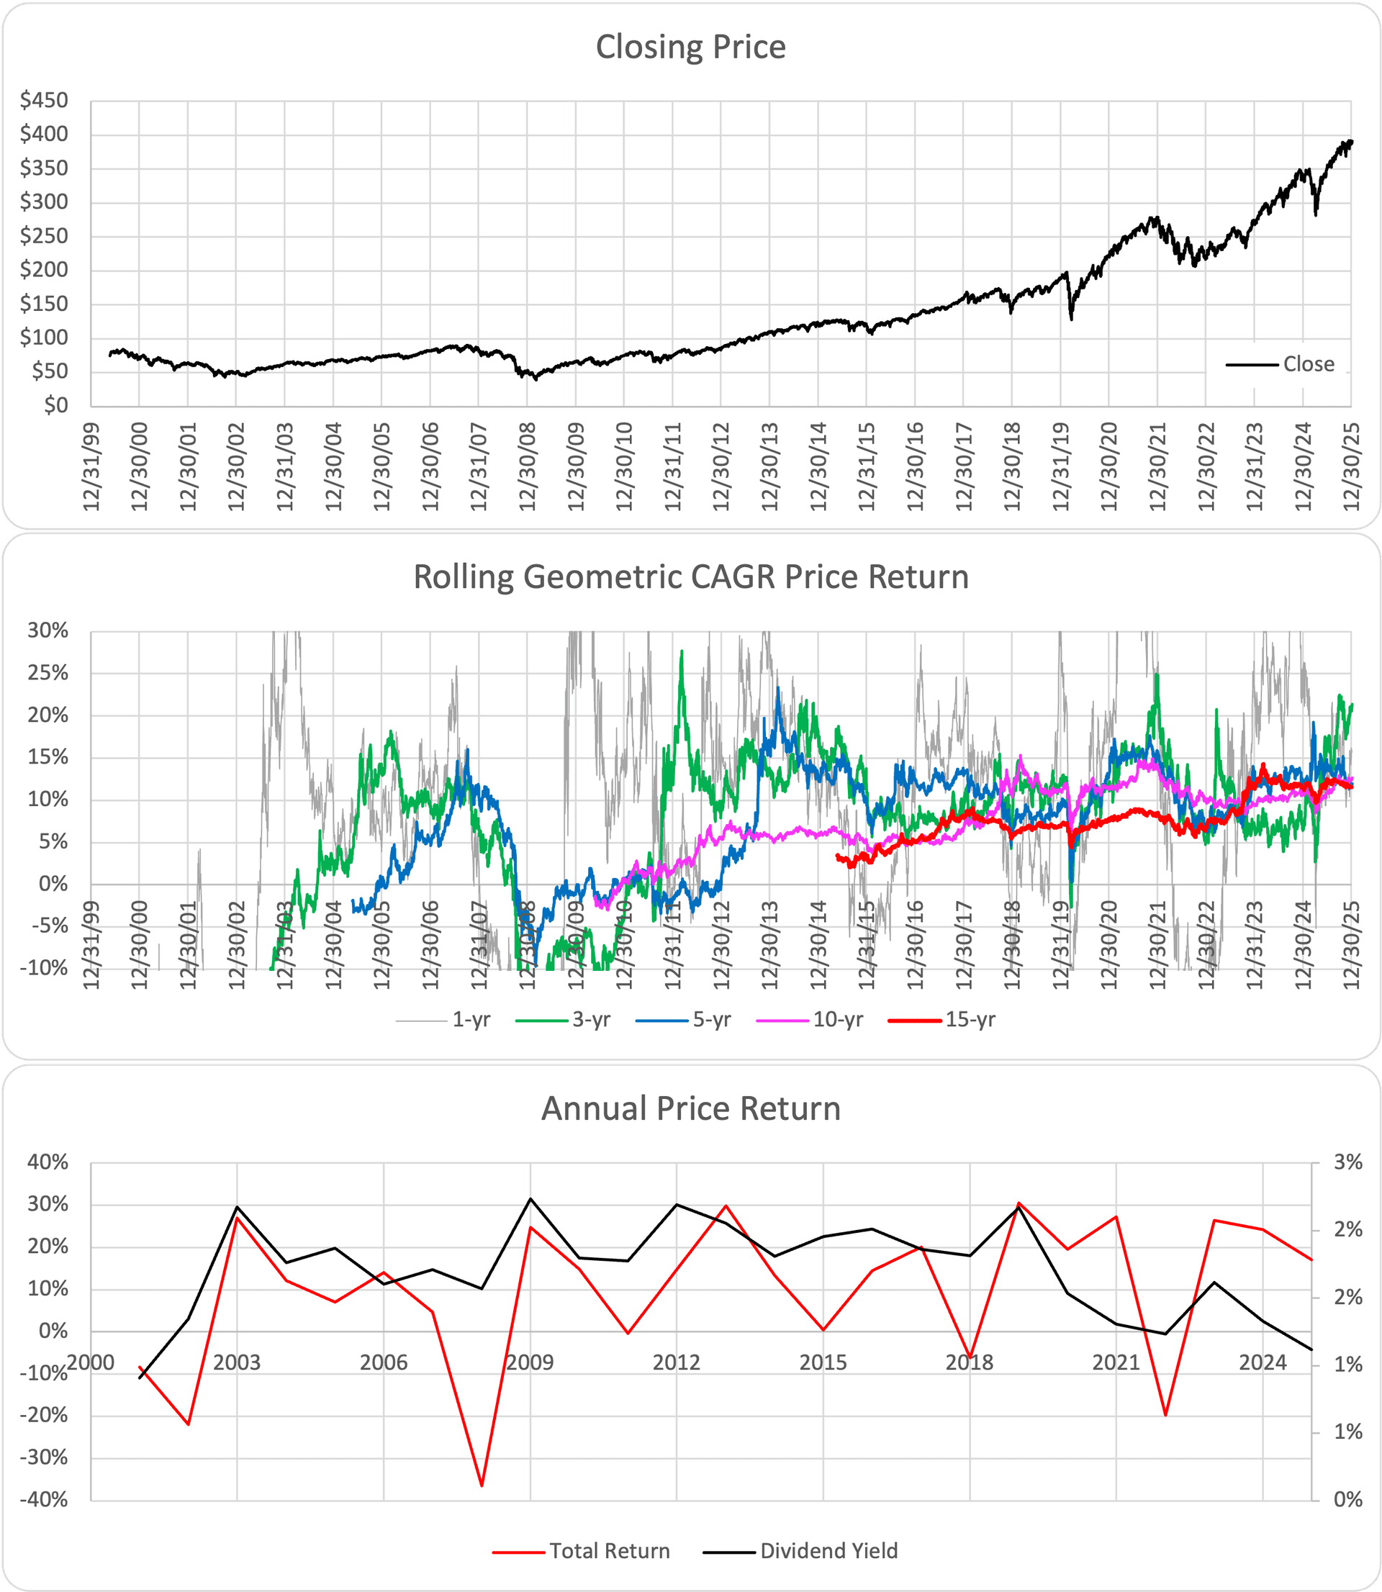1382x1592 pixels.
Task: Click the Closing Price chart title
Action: [690, 47]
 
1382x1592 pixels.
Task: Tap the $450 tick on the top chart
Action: [45, 100]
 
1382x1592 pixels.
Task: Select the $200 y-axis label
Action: [45, 270]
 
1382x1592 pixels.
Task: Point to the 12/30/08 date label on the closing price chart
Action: [528, 466]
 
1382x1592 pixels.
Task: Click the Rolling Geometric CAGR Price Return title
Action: [690, 577]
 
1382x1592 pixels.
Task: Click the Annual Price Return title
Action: [690, 1108]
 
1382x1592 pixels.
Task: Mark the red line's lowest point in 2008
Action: [482, 1485]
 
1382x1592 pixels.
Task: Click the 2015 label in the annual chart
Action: [823, 1362]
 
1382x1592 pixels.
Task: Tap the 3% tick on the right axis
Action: [1347, 1162]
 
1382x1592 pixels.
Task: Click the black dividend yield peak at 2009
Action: [530, 1199]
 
